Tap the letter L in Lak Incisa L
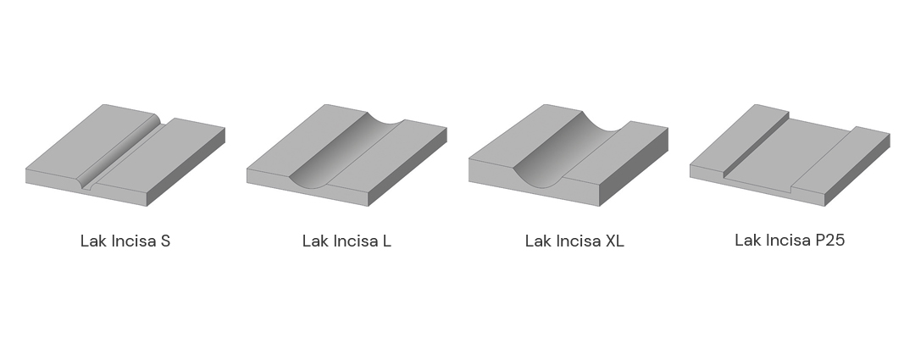(387, 241)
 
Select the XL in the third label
(614, 241)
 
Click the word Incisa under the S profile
(133, 241)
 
